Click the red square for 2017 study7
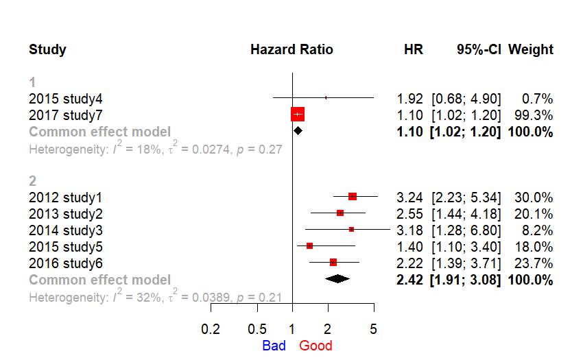tap(298, 115)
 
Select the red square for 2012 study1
tap(353, 196)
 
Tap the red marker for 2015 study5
tap(309, 245)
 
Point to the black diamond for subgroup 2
tap(337, 278)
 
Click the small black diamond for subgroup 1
tap(298, 130)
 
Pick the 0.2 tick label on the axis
tap(211, 329)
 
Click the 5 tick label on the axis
tap(373, 329)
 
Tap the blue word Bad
tap(274, 346)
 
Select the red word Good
tap(316, 346)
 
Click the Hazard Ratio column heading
tap(291, 49)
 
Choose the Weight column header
tap(531, 49)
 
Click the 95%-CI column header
tap(479, 49)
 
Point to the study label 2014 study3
tap(65, 230)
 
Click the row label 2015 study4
tap(65, 99)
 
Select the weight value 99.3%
tap(534, 115)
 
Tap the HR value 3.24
tap(409, 197)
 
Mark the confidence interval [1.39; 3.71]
tap(466, 263)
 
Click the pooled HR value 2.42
tap(409, 280)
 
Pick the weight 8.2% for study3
tap(537, 230)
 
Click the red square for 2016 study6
tap(333, 263)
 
